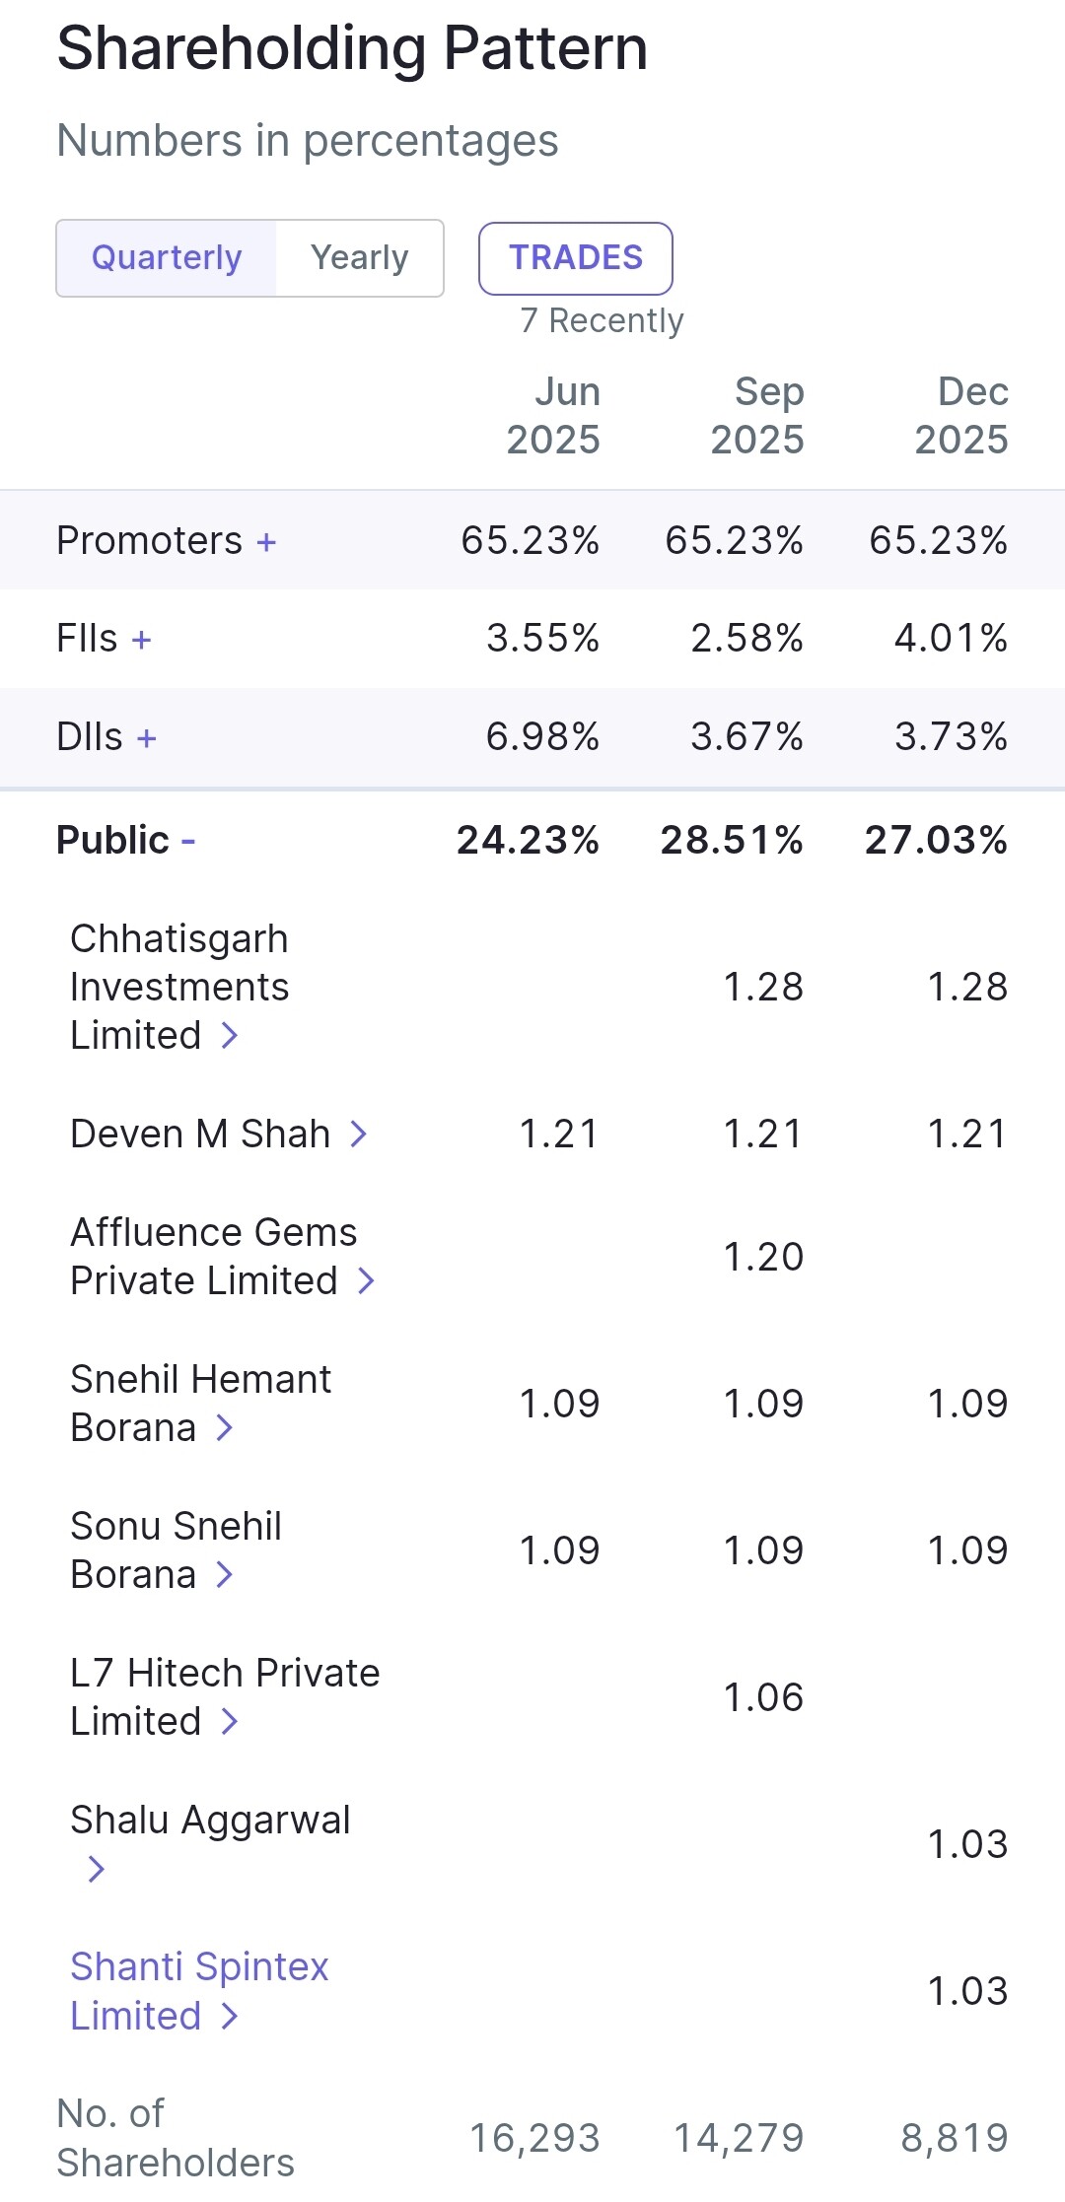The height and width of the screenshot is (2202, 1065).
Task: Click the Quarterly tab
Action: [x=167, y=258]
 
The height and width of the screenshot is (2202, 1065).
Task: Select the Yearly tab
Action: [x=359, y=258]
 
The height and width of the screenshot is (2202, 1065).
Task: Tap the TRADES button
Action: [x=576, y=258]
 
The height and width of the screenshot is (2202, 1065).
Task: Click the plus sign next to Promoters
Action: [x=266, y=542]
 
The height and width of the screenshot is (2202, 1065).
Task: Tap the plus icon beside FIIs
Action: [x=141, y=640]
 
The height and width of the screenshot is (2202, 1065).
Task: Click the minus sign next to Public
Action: [x=188, y=841]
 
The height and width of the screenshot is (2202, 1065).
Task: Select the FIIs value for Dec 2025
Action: [x=951, y=639]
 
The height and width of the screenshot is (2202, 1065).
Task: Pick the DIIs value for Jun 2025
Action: [x=542, y=737]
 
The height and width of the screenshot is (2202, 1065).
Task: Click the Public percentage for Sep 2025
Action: [x=732, y=841]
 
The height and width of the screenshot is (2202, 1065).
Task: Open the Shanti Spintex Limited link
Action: [x=198, y=1990]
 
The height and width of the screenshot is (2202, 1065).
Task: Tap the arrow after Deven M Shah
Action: [x=359, y=1135]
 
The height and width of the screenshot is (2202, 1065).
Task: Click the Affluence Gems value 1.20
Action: [x=763, y=1257]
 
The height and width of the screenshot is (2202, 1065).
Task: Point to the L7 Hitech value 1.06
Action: [x=763, y=1697]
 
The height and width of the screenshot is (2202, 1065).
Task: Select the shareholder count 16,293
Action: [x=534, y=2138]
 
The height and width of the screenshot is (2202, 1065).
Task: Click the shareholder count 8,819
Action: [x=954, y=2138]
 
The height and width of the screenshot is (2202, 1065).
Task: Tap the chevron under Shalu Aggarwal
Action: [x=96, y=1869]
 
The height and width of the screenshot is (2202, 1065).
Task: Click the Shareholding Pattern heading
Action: [x=352, y=48]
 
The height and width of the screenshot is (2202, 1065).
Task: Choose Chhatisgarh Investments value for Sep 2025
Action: [x=763, y=987]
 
